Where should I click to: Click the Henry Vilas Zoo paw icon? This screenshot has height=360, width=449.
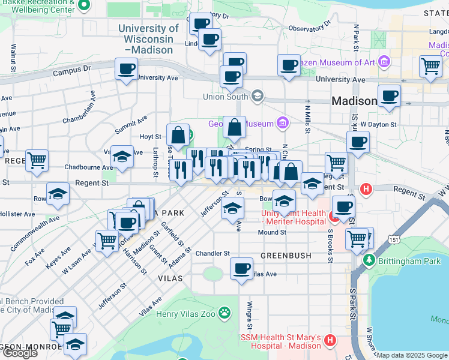224,313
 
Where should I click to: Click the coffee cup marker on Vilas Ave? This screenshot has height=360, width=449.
242,268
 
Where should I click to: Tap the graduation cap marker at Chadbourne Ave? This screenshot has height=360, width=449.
122,157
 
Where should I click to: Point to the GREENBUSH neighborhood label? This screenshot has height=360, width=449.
286,256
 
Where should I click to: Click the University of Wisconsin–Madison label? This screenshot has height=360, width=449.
148,39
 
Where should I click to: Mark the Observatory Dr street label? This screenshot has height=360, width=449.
310,28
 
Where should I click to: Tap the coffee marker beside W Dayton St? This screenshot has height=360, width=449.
358,143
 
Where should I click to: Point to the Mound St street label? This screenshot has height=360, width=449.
272,232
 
